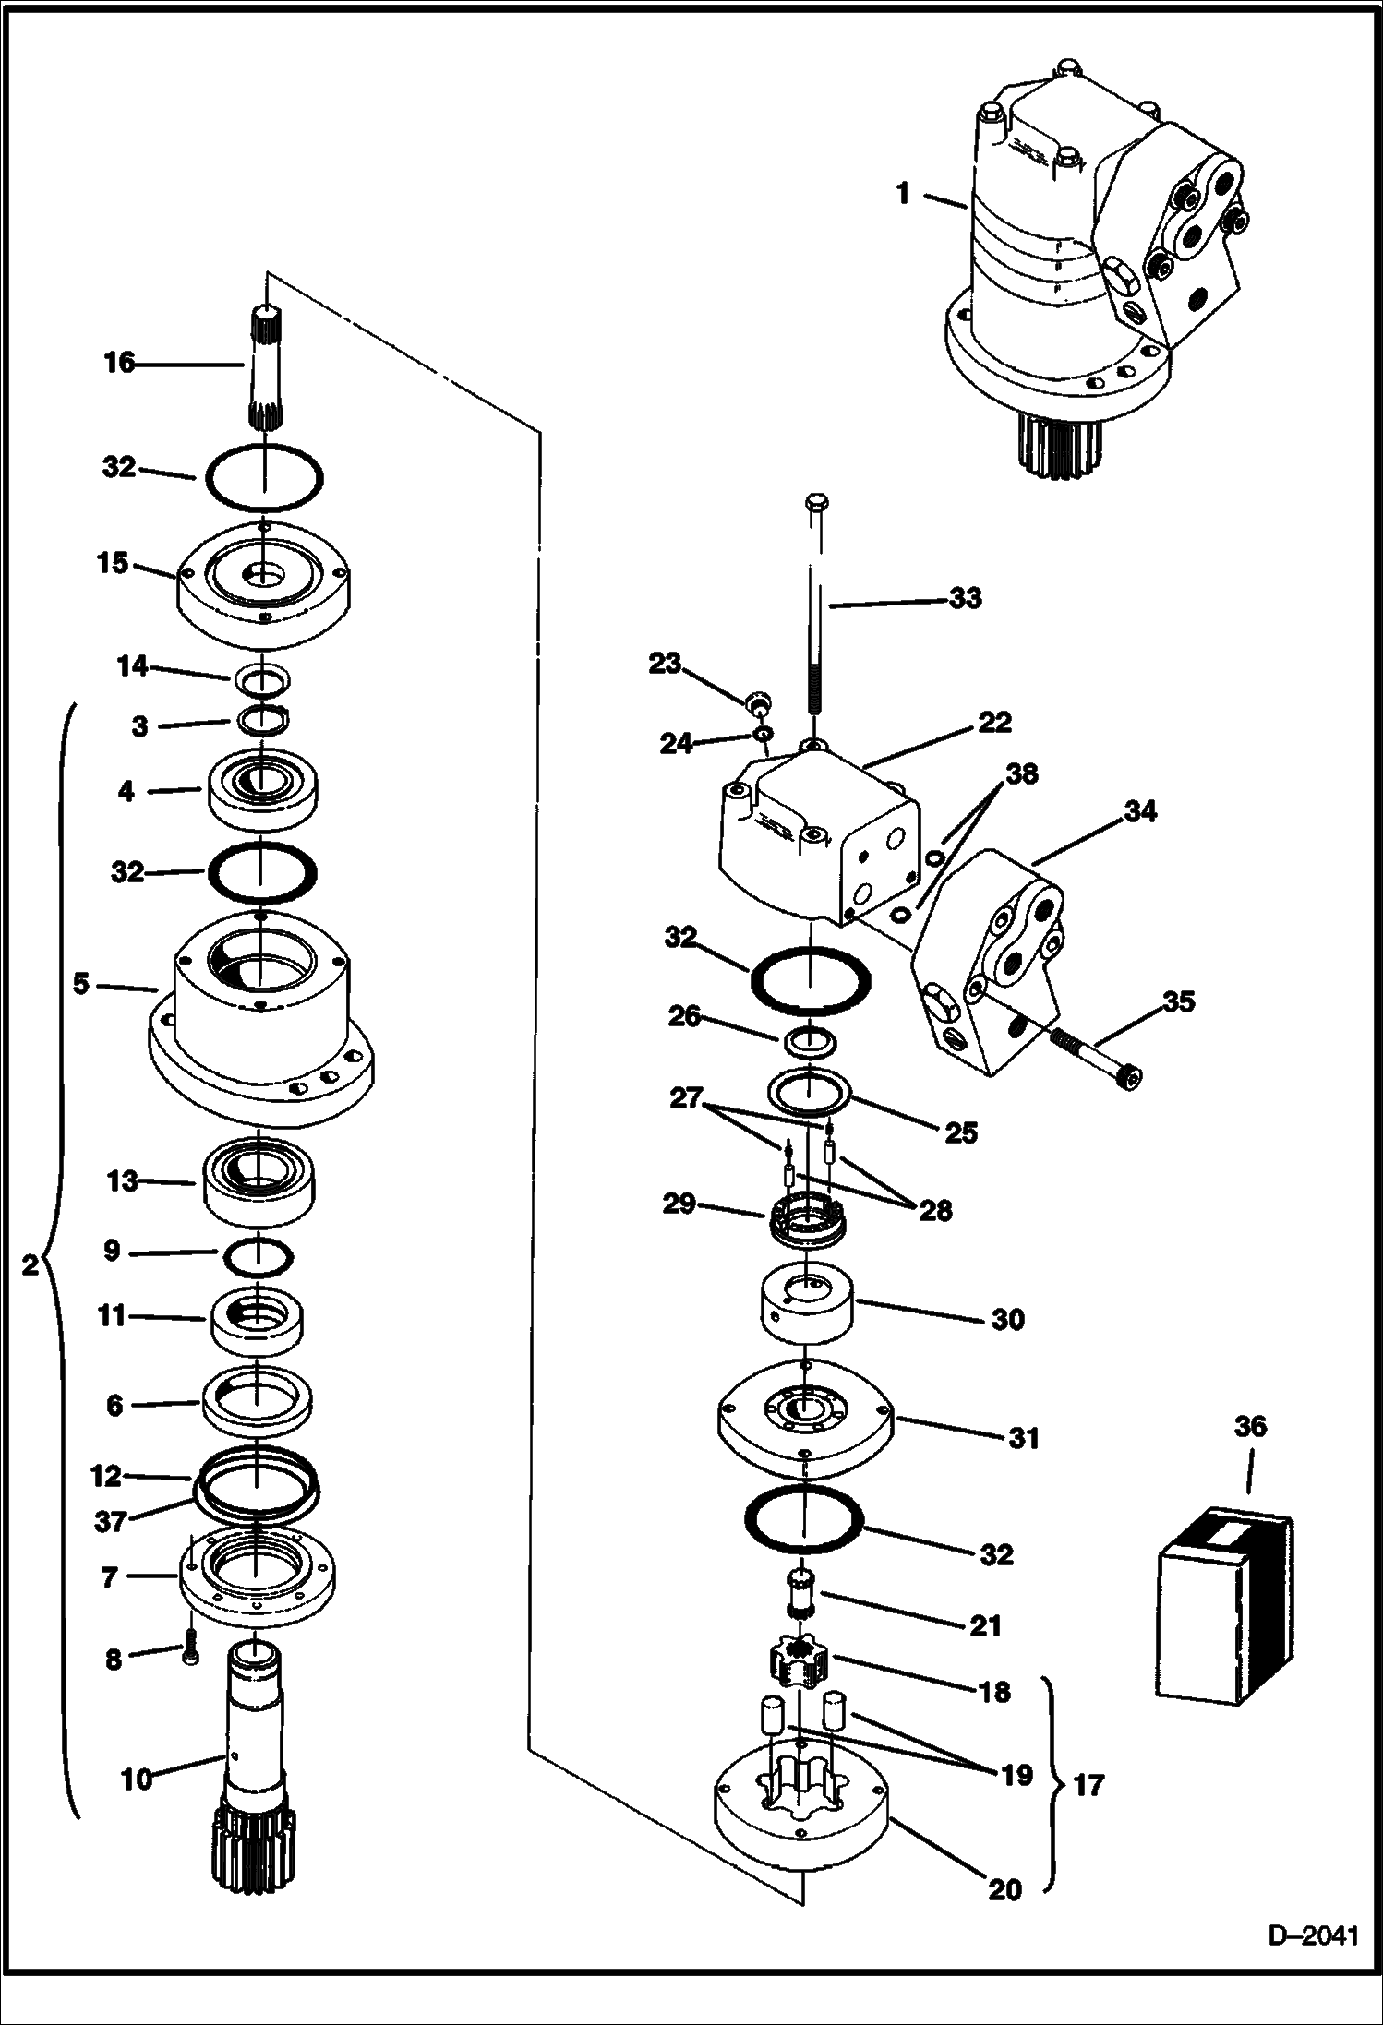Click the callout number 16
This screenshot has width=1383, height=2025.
coord(119,363)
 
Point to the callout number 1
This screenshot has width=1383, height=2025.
coord(903,193)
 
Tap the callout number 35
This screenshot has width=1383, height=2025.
coord(1178,1001)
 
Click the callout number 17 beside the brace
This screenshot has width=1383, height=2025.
coord(1089,1785)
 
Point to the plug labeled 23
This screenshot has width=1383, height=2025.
coord(759,705)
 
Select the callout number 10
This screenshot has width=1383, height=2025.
coord(137,1778)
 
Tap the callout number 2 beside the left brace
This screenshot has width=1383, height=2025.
coord(29,1264)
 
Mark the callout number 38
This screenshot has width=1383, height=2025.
coord(1021,773)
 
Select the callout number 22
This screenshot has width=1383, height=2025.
coord(995,722)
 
